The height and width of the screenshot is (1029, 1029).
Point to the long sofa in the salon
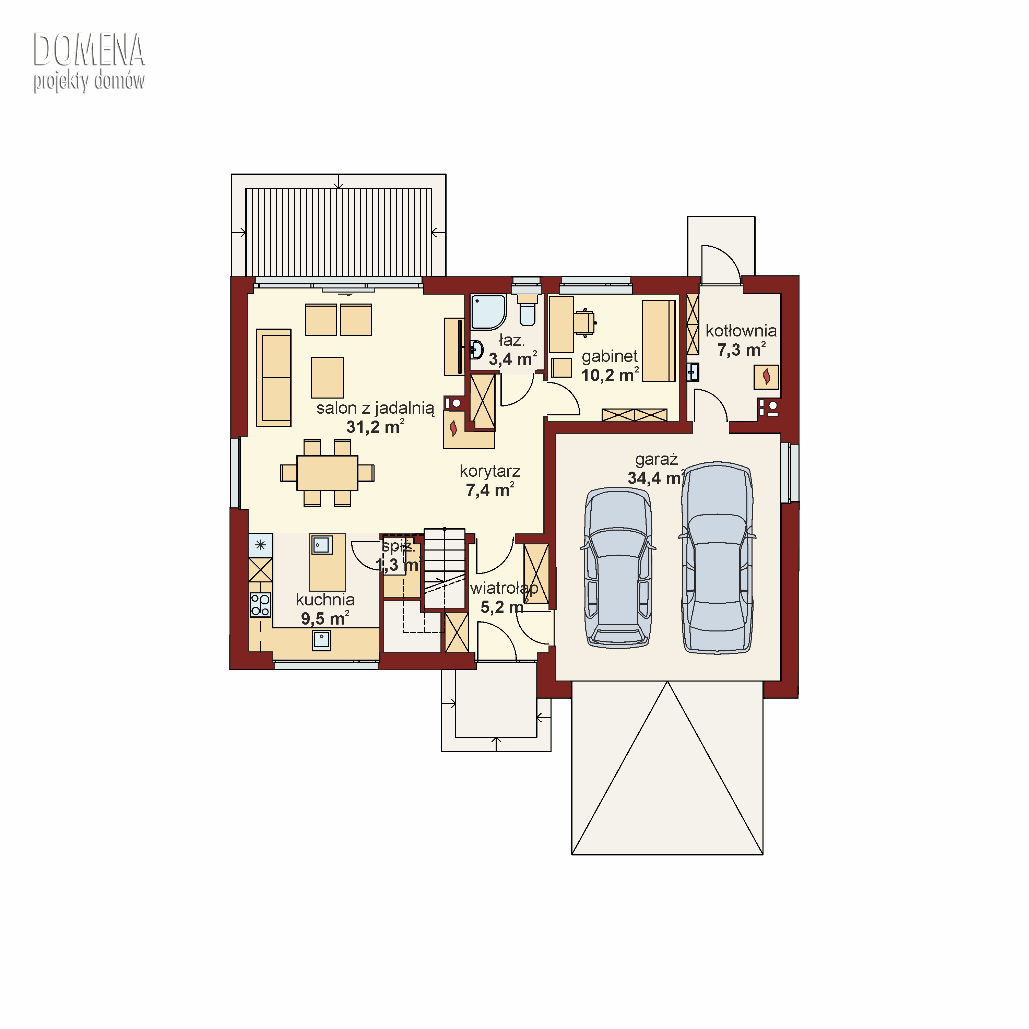[274, 378]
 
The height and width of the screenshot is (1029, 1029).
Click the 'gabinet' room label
[609, 356]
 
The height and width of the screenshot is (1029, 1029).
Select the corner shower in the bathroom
[488, 312]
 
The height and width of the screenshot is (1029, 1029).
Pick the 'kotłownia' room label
[741, 331]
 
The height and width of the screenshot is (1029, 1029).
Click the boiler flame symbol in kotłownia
[766, 377]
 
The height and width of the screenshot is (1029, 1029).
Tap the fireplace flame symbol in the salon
[453, 428]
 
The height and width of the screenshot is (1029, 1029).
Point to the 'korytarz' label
[490, 471]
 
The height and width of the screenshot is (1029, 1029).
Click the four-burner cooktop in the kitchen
[260, 605]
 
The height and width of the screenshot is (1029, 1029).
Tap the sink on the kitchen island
[322, 545]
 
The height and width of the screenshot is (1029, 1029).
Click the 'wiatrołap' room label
[504, 589]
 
